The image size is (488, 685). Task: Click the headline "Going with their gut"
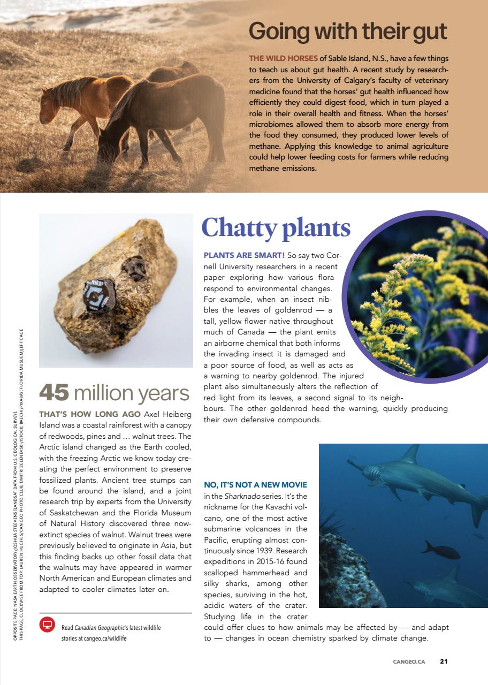348,32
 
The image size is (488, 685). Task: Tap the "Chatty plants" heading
276,227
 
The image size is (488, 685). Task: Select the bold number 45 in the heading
54,393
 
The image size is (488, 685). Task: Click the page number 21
444,661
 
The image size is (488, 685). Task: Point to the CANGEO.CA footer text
409,661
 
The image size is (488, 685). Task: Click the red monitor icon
47,624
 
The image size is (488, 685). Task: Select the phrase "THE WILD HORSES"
283,58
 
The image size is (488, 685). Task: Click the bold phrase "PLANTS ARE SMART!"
243,255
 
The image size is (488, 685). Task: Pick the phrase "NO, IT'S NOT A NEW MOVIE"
256,485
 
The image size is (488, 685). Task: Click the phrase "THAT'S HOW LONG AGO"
89,414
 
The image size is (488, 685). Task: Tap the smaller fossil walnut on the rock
135,268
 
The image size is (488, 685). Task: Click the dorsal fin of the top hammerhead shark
410,454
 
